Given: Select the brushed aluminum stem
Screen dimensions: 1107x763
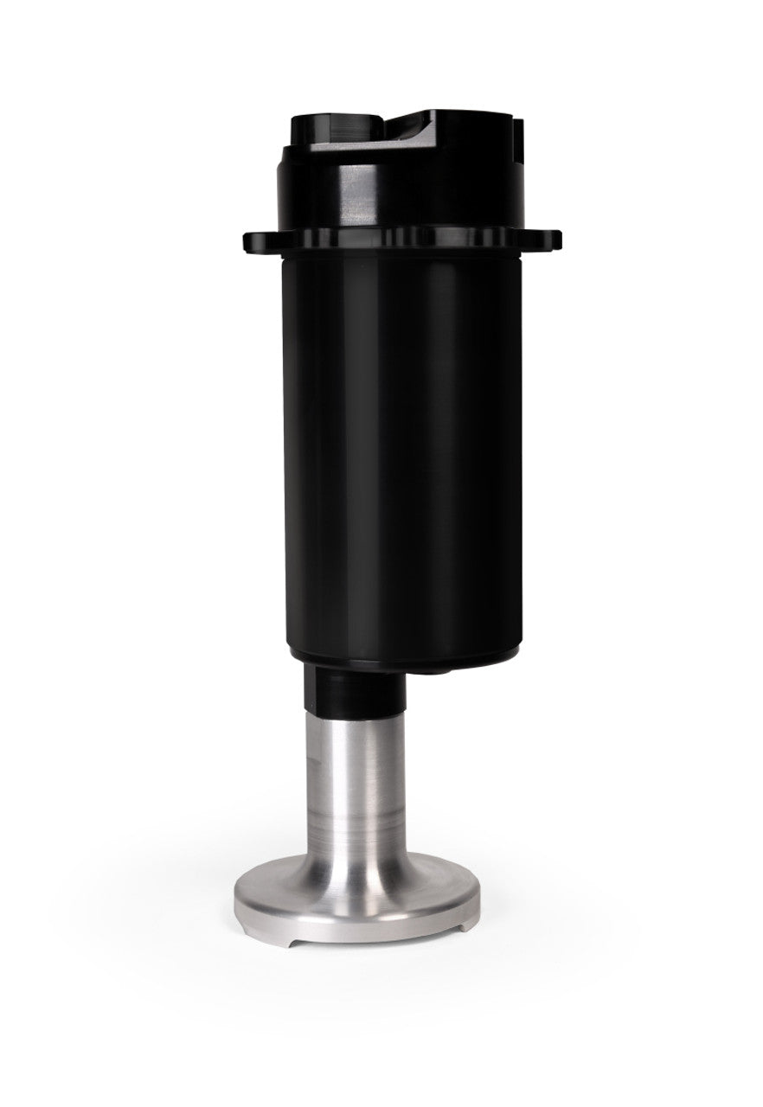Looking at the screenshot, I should (355, 778).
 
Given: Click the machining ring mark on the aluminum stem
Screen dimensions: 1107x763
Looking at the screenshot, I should (355, 817).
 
